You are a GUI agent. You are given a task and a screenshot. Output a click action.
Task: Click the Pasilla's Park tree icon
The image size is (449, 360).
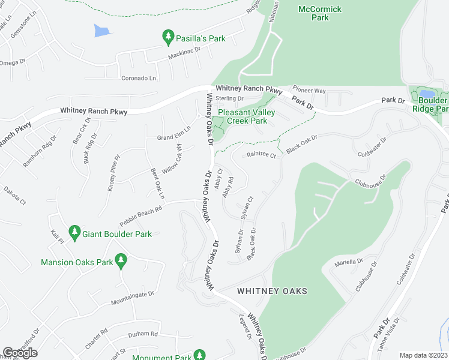click(x=169, y=38)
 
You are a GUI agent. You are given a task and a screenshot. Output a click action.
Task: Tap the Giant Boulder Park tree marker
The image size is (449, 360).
click(x=74, y=233)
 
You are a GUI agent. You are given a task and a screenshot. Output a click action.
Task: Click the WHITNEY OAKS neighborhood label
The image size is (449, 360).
click(x=272, y=291)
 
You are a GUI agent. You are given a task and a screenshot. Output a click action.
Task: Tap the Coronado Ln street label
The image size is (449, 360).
click(x=139, y=78)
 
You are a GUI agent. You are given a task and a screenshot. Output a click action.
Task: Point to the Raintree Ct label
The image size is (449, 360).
click(x=261, y=155)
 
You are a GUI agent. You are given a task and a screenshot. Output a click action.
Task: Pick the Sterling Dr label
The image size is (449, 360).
click(x=229, y=98)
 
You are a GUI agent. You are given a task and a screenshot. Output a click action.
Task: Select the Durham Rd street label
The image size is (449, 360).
click(x=143, y=334)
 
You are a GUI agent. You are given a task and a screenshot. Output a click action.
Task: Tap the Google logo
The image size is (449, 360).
click(x=20, y=352)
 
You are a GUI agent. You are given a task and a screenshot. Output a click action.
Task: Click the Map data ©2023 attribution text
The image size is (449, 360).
click(x=424, y=355)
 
